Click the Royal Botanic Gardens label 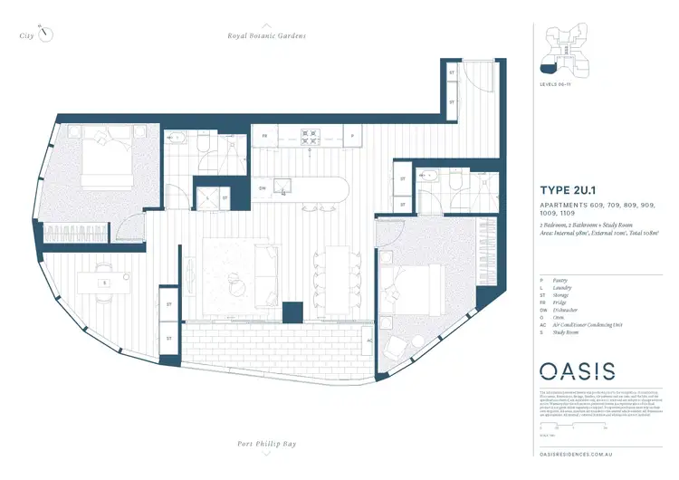pyautogui.click(x=267, y=35)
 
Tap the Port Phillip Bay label pyautogui.click(x=268, y=444)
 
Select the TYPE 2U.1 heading pyautogui.click(x=570, y=190)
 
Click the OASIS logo pyautogui.click(x=578, y=370)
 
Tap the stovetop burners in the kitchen pyautogui.click(x=311, y=137)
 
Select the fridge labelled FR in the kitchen pyautogui.click(x=265, y=137)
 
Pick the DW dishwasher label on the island pyautogui.click(x=263, y=188)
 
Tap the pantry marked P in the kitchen pyautogui.click(x=351, y=137)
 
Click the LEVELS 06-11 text pyautogui.click(x=555, y=83)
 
